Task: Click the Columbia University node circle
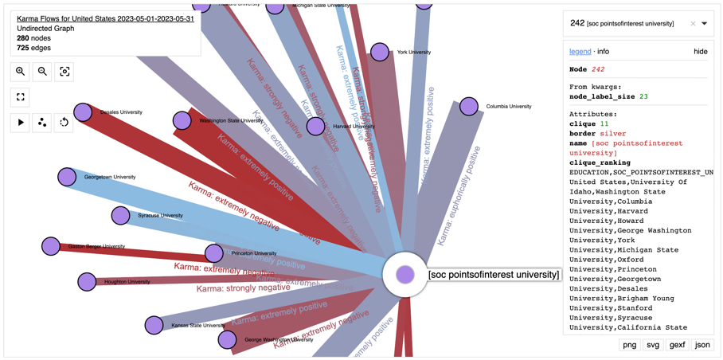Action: tap(469, 106)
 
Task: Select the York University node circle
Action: tap(380, 53)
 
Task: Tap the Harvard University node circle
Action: tap(316, 126)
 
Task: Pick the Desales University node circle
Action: tap(83, 112)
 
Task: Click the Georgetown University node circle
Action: tap(67, 177)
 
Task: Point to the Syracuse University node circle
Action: tap(121, 215)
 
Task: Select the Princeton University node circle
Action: tap(213, 253)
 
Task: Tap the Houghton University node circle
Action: tap(87, 281)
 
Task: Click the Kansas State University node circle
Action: tap(154, 325)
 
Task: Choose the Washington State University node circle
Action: tap(182, 120)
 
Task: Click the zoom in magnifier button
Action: tap(21, 72)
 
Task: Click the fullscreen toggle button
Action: tap(21, 97)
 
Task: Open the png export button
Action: tap(629, 345)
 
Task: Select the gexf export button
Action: tap(677, 345)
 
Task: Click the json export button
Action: tap(702, 345)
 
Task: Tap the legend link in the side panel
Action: tap(580, 52)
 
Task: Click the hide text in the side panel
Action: tap(700, 52)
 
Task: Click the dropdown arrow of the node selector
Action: tap(705, 24)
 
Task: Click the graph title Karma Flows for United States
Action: tap(105, 18)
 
